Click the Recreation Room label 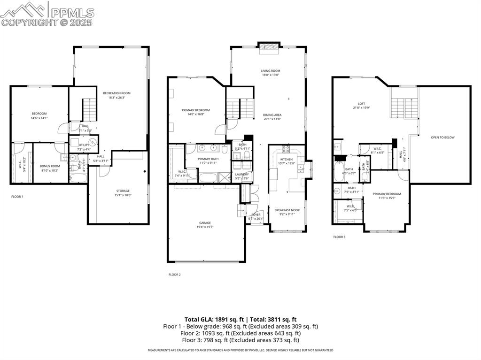(116, 93)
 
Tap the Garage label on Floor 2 (205, 223)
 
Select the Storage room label (123, 191)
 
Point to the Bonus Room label (49, 166)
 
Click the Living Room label (271, 71)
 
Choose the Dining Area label (272, 115)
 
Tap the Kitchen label (286, 160)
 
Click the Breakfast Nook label (287, 210)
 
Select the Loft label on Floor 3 (361, 104)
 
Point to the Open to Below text (442, 138)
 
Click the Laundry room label (242, 175)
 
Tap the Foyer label (256, 215)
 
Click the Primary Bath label (207, 159)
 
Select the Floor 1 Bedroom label (39, 114)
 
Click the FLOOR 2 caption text (174, 275)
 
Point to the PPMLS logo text (72, 13)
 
